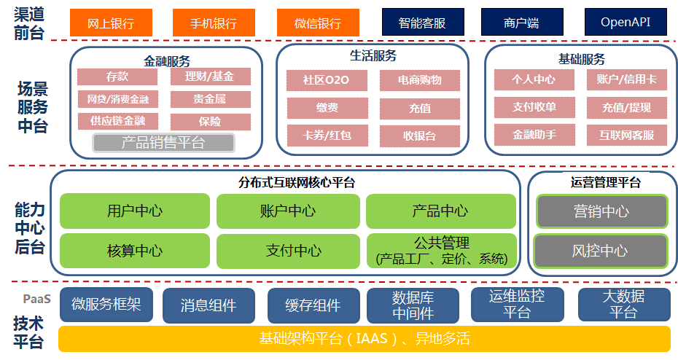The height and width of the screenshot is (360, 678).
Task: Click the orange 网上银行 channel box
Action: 110,23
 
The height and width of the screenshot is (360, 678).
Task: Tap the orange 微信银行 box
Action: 308,23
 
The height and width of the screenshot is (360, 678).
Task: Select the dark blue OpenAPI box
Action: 626,22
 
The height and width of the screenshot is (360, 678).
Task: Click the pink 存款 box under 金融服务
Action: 117,77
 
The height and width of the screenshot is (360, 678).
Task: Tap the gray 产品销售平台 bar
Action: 163,142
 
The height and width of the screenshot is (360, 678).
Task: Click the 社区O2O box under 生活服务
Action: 327,80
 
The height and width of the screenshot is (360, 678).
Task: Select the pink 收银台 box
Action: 419,136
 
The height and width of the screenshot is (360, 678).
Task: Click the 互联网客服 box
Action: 627,135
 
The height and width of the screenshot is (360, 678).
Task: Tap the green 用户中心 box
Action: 134,211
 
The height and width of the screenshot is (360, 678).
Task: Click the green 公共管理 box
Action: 441,251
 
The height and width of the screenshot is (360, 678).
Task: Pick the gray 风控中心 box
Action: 601,251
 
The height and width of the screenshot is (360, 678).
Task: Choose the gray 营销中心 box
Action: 601,211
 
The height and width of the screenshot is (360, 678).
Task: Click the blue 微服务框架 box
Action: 106,305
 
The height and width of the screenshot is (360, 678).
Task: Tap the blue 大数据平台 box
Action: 623,305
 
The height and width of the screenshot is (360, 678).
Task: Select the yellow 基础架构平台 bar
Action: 364,339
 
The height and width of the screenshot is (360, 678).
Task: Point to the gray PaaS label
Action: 36,299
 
